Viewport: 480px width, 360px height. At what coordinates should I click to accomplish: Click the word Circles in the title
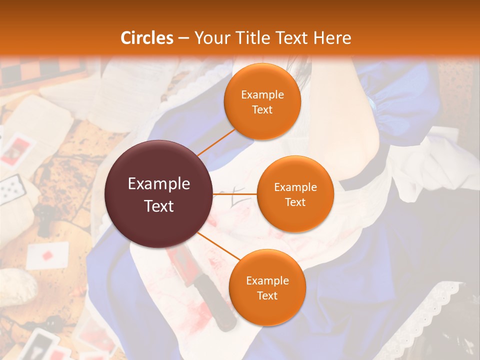[147, 38]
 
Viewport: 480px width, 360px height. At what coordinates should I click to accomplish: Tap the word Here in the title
[332, 38]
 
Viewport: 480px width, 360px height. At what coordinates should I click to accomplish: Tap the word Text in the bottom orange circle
[267, 295]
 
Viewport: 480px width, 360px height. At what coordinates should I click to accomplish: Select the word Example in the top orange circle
[262, 94]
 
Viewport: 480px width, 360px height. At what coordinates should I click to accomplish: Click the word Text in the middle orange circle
[295, 202]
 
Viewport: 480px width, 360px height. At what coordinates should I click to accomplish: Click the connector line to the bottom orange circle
[218, 245]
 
